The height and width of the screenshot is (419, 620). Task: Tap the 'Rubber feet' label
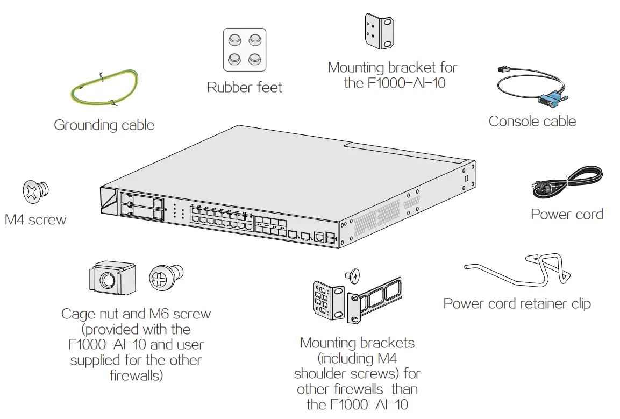[x=245, y=87]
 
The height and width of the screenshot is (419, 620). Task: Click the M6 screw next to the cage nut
[x=166, y=278]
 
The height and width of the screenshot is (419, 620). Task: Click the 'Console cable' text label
[x=532, y=122]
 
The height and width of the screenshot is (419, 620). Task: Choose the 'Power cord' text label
[x=566, y=214]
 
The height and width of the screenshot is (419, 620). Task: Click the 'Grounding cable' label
[x=104, y=125]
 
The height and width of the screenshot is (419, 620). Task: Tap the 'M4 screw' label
[x=35, y=219]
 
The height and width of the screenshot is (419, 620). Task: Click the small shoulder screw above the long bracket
[x=353, y=275]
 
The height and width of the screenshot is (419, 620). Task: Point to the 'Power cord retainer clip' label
[x=517, y=303]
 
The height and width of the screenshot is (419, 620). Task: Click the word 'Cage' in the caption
[x=78, y=314]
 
